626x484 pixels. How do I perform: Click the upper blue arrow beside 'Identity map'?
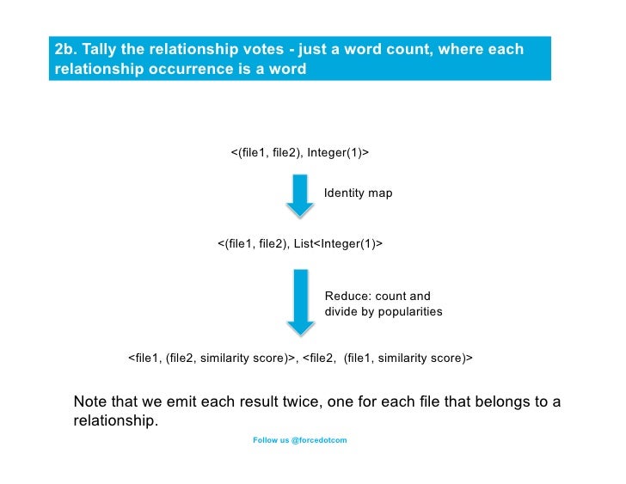coord(299,195)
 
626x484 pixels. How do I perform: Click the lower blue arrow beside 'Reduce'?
coord(299,302)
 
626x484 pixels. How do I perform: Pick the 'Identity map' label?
coord(358,193)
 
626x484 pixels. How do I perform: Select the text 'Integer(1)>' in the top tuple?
coord(338,153)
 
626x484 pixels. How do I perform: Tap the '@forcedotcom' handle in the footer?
coord(319,440)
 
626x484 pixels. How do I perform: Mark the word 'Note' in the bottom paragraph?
coord(91,402)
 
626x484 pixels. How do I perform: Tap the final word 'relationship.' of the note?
coord(116,421)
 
